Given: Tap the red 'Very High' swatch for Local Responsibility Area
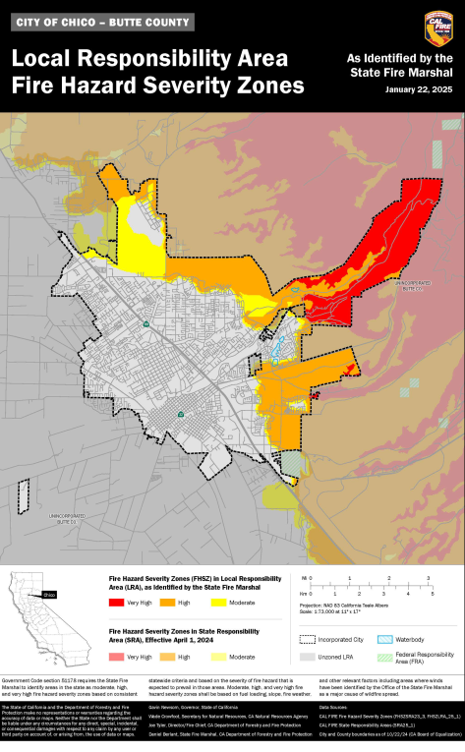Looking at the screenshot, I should coord(115,601).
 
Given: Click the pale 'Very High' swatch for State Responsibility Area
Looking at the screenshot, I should coord(115,656).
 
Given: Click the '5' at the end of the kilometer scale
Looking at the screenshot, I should coord(433,594).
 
